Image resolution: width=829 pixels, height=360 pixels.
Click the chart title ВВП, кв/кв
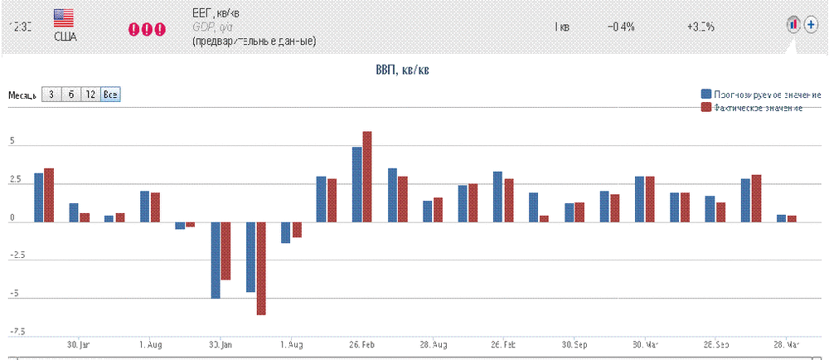[x=402, y=71]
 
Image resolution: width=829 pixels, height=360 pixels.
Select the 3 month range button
[x=51, y=95]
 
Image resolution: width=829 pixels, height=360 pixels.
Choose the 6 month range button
[x=71, y=95]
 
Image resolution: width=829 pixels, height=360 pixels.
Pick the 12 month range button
[x=90, y=95]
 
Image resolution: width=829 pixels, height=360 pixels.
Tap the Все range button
[x=110, y=95]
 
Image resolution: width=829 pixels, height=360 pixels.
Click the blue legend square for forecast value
[x=705, y=94]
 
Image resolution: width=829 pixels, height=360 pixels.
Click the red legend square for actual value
[x=705, y=108]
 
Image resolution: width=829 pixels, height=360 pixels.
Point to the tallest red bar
[x=367, y=176]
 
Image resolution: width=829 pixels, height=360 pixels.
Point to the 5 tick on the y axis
[x=12, y=143]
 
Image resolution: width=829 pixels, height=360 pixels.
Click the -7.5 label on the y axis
[x=17, y=332]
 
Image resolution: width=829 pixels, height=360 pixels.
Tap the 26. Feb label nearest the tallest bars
[x=362, y=343]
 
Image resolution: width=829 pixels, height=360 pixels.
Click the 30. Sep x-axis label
[x=574, y=343]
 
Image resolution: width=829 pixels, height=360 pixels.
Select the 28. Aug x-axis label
[x=434, y=343]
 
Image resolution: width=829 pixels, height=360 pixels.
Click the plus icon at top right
[x=811, y=25]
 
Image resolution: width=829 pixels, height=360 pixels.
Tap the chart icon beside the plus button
[x=793, y=25]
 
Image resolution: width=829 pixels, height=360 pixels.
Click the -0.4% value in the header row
[x=621, y=27]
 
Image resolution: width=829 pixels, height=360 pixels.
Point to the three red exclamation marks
[x=147, y=29]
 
